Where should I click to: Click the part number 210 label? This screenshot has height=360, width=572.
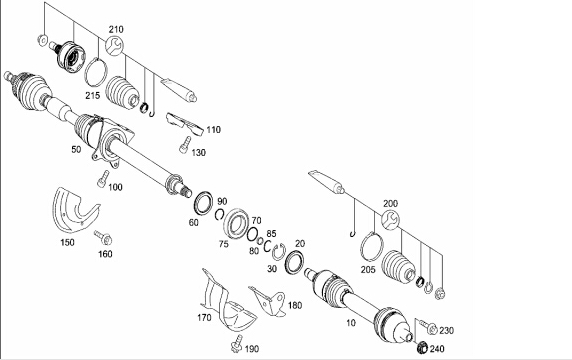click(116, 29)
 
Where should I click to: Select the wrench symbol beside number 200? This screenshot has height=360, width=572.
click(390, 221)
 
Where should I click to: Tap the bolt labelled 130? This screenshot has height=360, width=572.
click(185, 145)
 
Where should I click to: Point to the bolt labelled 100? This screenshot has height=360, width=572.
click(103, 179)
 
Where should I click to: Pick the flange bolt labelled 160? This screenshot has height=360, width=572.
click(103, 237)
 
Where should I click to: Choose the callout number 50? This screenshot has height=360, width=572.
click(76, 149)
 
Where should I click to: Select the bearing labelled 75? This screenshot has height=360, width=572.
click(236, 223)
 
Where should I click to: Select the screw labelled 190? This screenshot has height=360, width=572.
click(237, 344)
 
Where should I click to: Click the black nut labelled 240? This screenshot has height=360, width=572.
click(422, 347)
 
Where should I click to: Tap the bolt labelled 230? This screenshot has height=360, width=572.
click(428, 326)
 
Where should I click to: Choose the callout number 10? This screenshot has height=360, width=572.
click(351, 323)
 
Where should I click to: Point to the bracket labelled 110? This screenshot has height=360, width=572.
click(184, 123)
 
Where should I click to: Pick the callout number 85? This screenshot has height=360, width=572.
click(271, 233)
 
